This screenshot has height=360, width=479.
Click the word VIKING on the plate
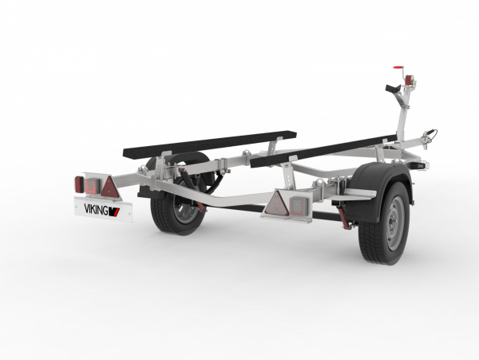96,209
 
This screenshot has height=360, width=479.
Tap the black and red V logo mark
114,212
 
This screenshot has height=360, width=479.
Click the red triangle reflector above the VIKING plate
110,187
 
